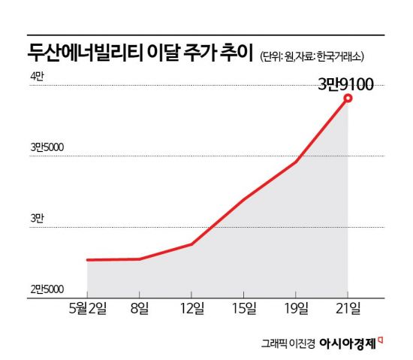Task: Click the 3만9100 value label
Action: [x=346, y=84]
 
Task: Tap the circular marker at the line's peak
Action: [x=348, y=98]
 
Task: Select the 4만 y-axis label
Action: [x=37, y=77]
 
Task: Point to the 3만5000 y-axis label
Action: [x=47, y=147]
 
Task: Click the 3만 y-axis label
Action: [x=37, y=219]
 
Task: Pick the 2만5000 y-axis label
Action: [x=47, y=289]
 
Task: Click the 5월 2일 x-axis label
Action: [x=88, y=308]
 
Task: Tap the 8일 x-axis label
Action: [x=140, y=308]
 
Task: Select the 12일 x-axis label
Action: [x=192, y=308]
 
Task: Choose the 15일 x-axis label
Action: [x=244, y=308]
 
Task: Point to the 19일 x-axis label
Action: [x=296, y=308]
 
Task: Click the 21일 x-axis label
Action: [x=348, y=308]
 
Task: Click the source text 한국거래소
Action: [x=339, y=56]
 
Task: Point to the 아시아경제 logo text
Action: [x=348, y=343]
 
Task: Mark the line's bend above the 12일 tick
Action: [x=191, y=244]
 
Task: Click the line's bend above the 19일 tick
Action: [x=296, y=162]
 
